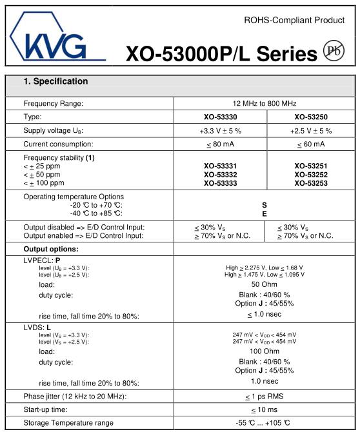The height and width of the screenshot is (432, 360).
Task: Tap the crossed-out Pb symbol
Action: pyautogui.click(x=334, y=52)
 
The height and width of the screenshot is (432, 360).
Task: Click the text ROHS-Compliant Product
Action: pyautogui.click(x=294, y=20)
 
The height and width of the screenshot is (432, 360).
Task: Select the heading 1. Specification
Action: pyautogui.click(x=55, y=82)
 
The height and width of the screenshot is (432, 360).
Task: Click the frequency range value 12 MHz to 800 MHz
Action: pyautogui.click(x=265, y=103)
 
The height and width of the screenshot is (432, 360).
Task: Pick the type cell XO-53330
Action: pyautogui.click(x=219, y=117)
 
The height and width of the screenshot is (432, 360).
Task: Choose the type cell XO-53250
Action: pyautogui.click(x=310, y=117)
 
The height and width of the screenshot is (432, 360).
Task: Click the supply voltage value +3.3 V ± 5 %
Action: pyautogui.click(x=219, y=130)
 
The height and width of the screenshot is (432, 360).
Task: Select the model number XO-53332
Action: pyautogui.click(x=219, y=175)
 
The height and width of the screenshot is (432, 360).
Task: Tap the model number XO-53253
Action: pyautogui.click(x=310, y=183)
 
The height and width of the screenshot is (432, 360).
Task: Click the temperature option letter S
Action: pyautogui.click(x=265, y=204)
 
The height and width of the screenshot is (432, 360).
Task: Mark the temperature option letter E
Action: pyautogui.click(x=265, y=213)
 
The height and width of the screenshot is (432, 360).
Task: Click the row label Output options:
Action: pyautogui.click(x=50, y=249)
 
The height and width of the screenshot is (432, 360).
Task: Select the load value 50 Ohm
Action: pyautogui.click(x=265, y=284)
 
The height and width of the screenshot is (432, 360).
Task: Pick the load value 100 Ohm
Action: pyautogui.click(x=265, y=351)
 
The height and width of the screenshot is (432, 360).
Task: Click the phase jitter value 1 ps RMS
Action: pyautogui.click(x=265, y=396)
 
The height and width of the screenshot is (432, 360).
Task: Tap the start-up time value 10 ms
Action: pyautogui.click(x=265, y=409)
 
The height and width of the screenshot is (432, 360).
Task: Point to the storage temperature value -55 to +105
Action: pyautogui.click(x=265, y=423)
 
